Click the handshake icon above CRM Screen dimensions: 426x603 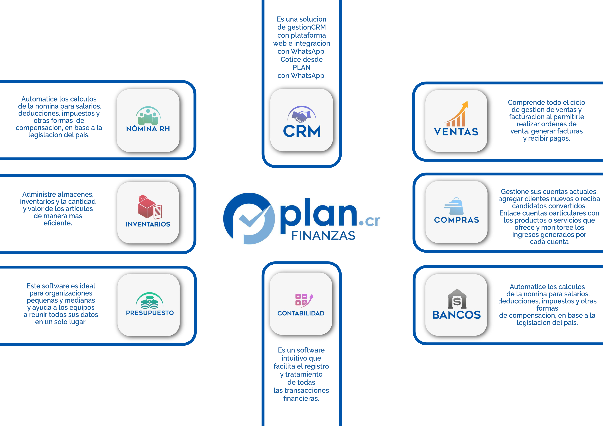click(301, 115)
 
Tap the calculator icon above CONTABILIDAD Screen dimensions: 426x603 click(304, 300)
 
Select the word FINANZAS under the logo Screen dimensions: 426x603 click(323, 236)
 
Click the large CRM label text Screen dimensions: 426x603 click(302, 131)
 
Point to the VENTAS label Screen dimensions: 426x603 click(456, 132)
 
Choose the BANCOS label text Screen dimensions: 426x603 click(456, 315)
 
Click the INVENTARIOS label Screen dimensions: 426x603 click(148, 224)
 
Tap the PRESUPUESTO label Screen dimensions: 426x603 click(150, 313)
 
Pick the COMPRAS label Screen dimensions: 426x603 click(456, 220)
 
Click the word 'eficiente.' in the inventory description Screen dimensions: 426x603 click(58, 223)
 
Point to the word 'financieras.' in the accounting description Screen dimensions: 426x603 click(301, 399)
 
